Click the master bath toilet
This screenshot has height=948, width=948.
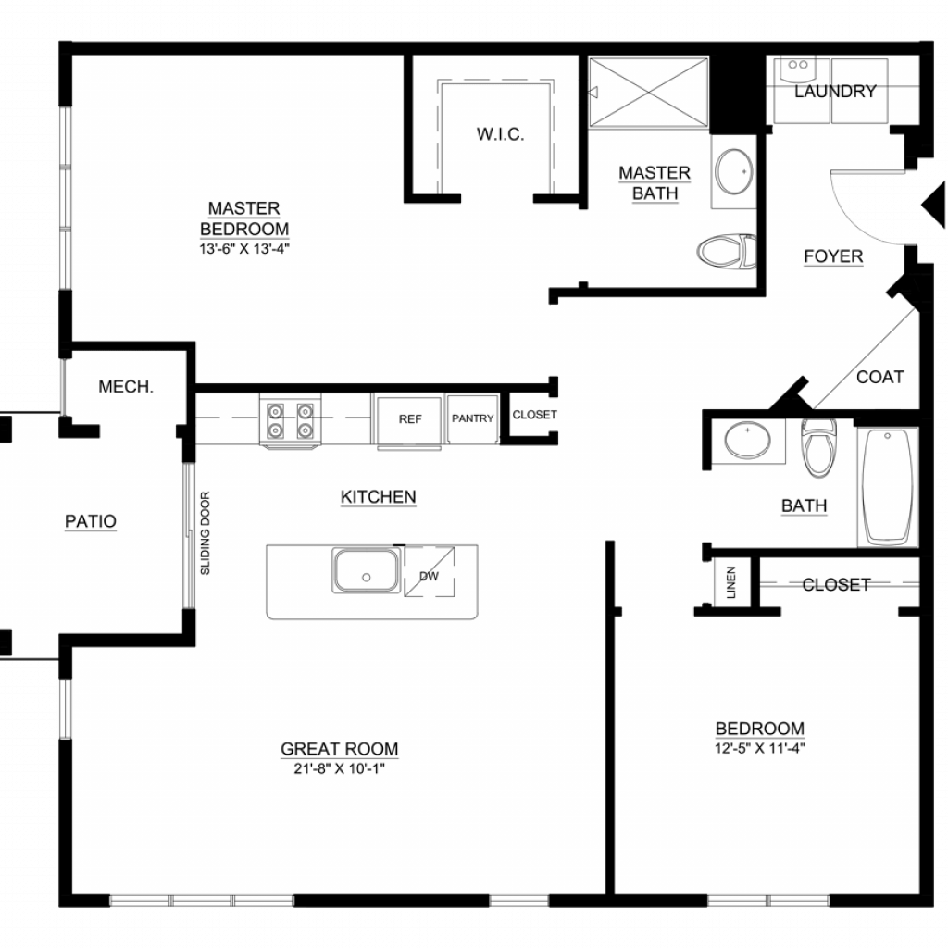(x=727, y=251)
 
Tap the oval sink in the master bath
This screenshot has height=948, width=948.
(x=734, y=171)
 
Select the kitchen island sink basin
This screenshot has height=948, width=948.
(x=366, y=570)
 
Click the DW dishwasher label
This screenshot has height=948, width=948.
(x=429, y=576)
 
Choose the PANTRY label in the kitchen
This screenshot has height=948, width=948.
(x=473, y=418)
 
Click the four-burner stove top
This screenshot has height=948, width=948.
(x=290, y=421)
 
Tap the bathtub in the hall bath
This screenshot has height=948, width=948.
(x=888, y=487)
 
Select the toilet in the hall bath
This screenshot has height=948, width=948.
(x=818, y=447)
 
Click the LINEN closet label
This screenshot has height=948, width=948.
(x=731, y=582)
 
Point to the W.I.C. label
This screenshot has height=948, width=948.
(x=500, y=134)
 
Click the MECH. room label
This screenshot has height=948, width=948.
(x=126, y=387)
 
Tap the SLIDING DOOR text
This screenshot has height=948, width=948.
(x=205, y=533)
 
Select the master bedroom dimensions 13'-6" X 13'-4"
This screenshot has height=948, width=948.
(x=244, y=248)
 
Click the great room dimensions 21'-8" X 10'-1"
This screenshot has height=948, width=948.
(x=339, y=768)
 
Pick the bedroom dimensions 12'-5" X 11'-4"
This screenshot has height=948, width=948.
(x=760, y=748)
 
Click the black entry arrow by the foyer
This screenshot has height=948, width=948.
(x=934, y=206)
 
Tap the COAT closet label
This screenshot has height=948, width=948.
(x=879, y=378)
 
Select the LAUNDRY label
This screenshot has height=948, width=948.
(x=835, y=92)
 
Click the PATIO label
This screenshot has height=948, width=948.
(x=91, y=521)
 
